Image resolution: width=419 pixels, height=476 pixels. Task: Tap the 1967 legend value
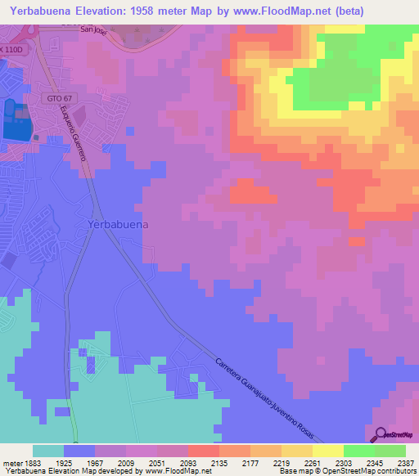click(x=94, y=462)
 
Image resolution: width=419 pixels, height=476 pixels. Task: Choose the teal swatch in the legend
click(x=48, y=451)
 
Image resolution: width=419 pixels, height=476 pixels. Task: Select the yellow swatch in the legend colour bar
click(x=327, y=451)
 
